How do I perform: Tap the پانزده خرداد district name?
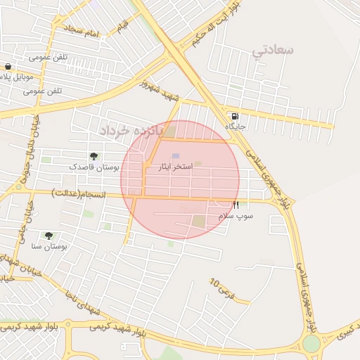pos(130,131)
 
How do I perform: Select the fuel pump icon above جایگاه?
pos(233,116)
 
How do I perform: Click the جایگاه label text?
pos(234,127)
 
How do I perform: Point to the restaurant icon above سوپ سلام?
pos(236,205)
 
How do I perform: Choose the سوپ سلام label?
pos(236,215)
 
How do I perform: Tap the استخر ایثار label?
pos(176,169)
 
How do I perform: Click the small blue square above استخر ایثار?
pos(176,156)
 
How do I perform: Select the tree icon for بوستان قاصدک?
pos(94,156)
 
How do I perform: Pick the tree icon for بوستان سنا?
pos(49,236)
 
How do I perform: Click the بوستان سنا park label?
pos(49,247)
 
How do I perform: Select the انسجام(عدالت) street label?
pos(78,192)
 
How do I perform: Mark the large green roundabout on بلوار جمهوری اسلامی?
pos(310,344)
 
